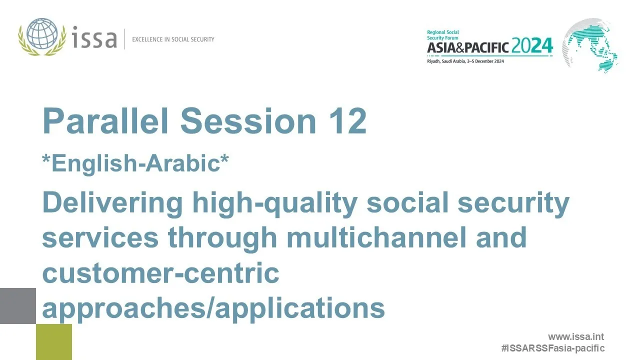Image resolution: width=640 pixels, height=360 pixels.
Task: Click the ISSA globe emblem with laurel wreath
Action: pyautogui.click(x=41, y=36)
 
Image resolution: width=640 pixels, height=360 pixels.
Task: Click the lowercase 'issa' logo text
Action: pyautogui.click(x=94, y=38)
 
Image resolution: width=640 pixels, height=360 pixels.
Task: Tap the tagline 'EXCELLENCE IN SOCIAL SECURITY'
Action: pyautogui.click(x=173, y=39)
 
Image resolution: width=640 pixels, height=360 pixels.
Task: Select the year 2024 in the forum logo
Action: pyautogui.click(x=532, y=46)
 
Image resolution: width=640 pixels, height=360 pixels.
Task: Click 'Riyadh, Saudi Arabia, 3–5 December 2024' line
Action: pyautogui.click(x=465, y=61)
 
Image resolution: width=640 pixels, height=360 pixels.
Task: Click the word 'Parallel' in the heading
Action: pyautogui.click(x=106, y=121)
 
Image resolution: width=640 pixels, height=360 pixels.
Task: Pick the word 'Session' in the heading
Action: pyautogui.click(x=248, y=121)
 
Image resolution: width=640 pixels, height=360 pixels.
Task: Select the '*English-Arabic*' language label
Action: pyautogui.click(x=135, y=163)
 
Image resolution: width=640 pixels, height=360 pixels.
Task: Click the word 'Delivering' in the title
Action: pyautogui.click(x=112, y=202)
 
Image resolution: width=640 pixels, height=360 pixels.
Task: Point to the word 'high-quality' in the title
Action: pyautogui.click(x=275, y=203)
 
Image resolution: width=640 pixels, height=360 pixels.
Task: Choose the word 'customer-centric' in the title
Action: pyautogui.click(x=160, y=273)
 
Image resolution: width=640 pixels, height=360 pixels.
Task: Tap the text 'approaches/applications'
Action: pyautogui.click(x=213, y=308)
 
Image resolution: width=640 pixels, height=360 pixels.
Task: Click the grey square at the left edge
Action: pyautogui.click(x=18, y=305)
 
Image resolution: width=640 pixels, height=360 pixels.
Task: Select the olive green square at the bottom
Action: pyautogui.click(x=54, y=342)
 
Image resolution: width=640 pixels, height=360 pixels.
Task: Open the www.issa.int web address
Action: pyautogui.click(x=575, y=337)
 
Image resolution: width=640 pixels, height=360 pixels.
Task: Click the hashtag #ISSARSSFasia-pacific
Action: pyautogui.click(x=552, y=348)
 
